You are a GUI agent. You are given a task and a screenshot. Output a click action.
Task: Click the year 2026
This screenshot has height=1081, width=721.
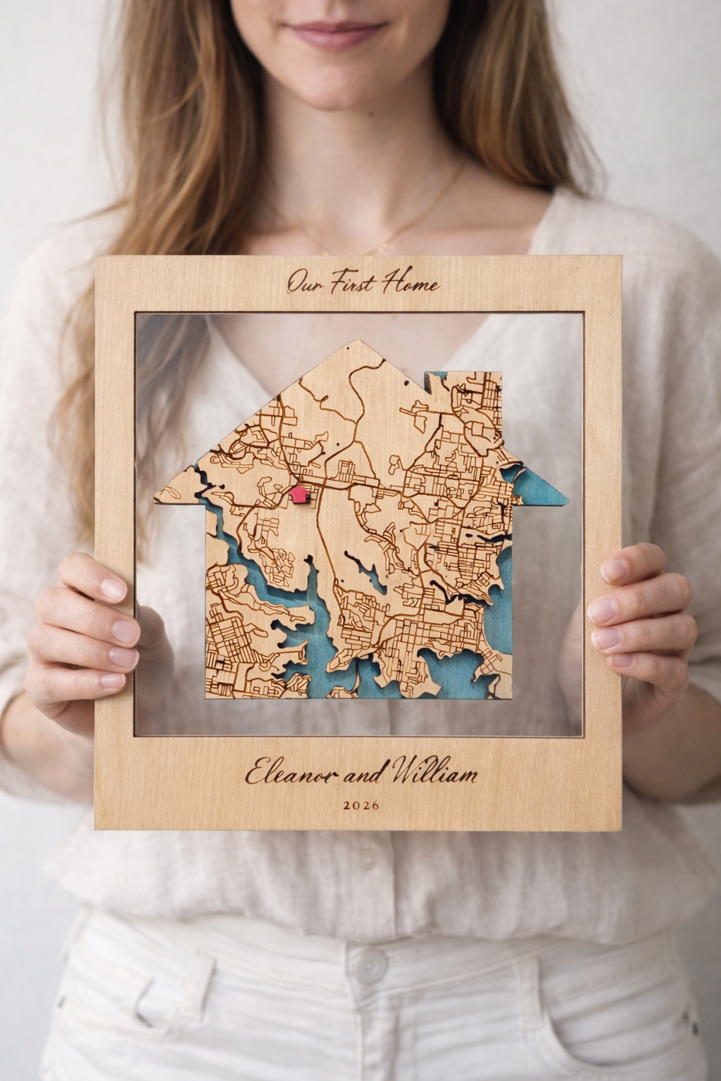(x=360, y=804)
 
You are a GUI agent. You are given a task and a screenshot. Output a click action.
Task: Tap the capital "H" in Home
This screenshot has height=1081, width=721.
(x=391, y=283)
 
